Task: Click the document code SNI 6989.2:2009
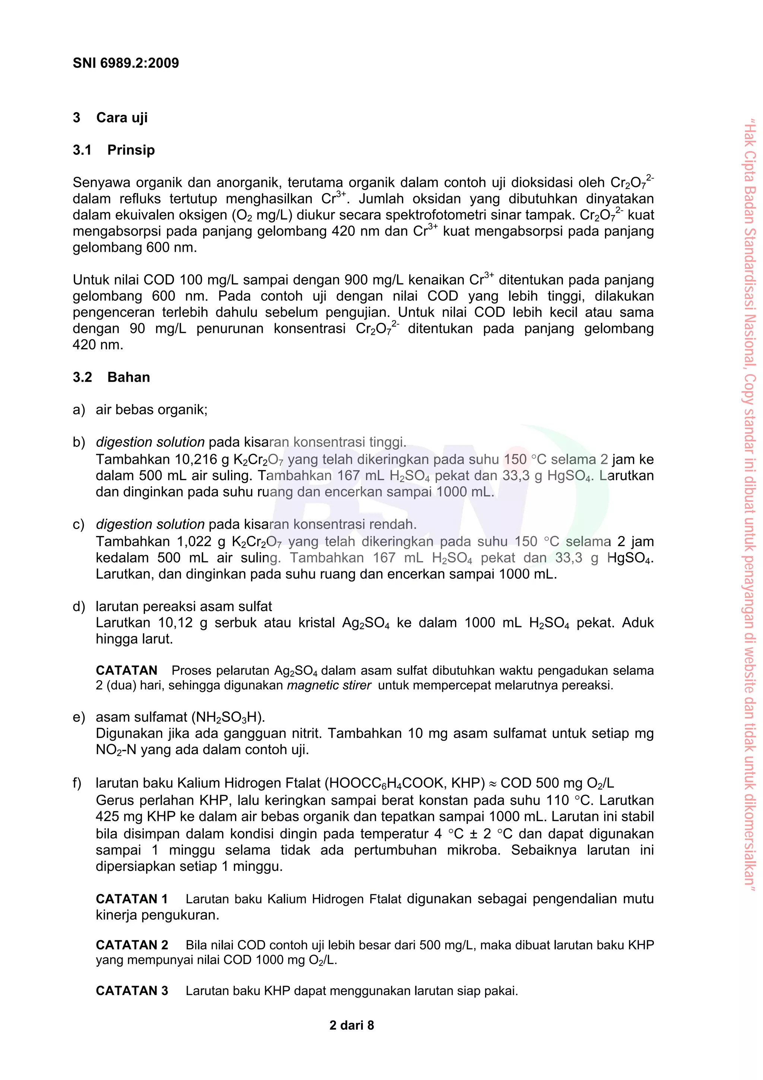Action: pyautogui.click(x=126, y=63)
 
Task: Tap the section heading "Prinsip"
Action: pyautogui.click(x=131, y=150)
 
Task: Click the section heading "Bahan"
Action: pyautogui.click(x=128, y=377)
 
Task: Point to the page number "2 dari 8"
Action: pyautogui.click(x=352, y=1026)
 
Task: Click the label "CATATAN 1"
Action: pyautogui.click(x=132, y=899)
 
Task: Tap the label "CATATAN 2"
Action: pyautogui.click(x=132, y=945)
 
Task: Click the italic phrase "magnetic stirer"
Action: pyautogui.click(x=329, y=685)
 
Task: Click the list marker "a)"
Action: pyautogui.click(x=79, y=410)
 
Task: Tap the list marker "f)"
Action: pyautogui.click(x=77, y=783)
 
